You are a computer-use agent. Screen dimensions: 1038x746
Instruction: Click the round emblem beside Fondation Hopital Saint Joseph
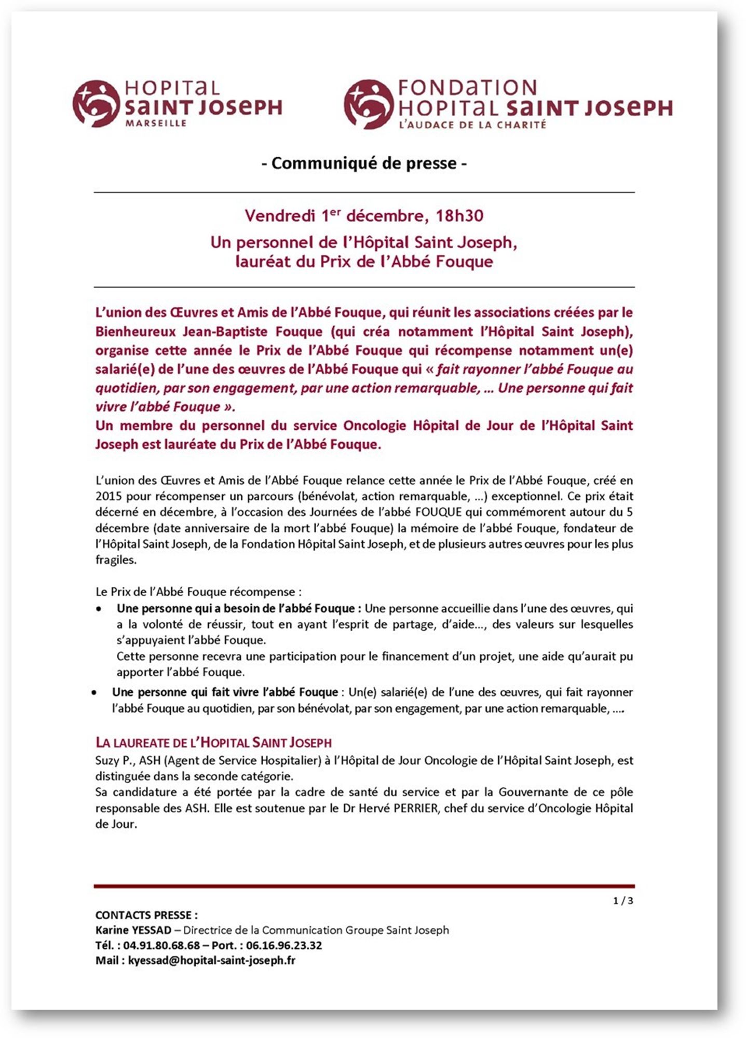tap(368, 103)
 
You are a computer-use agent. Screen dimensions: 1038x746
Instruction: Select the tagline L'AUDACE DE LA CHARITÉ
tap(472, 125)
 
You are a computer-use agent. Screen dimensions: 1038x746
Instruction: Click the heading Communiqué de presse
tap(364, 163)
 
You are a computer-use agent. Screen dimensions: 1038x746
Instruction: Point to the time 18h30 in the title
tap(459, 215)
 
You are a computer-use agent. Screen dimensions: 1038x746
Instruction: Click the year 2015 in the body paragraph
tap(108, 496)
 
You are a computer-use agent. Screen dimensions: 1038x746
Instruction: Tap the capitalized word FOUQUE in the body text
tap(438, 512)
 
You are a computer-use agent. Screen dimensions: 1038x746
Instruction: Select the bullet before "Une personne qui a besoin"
tap(99, 609)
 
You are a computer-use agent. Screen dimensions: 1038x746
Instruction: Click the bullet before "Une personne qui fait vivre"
tap(94, 693)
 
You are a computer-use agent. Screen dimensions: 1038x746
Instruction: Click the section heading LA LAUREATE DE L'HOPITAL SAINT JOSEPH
tap(213, 743)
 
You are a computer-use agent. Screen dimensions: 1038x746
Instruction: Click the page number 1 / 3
tap(622, 900)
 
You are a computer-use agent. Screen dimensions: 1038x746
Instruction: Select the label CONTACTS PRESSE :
tap(146, 915)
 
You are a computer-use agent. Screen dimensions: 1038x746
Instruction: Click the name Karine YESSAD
tap(133, 930)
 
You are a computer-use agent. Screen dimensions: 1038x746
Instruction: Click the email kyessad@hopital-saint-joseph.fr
tap(212, 960)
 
